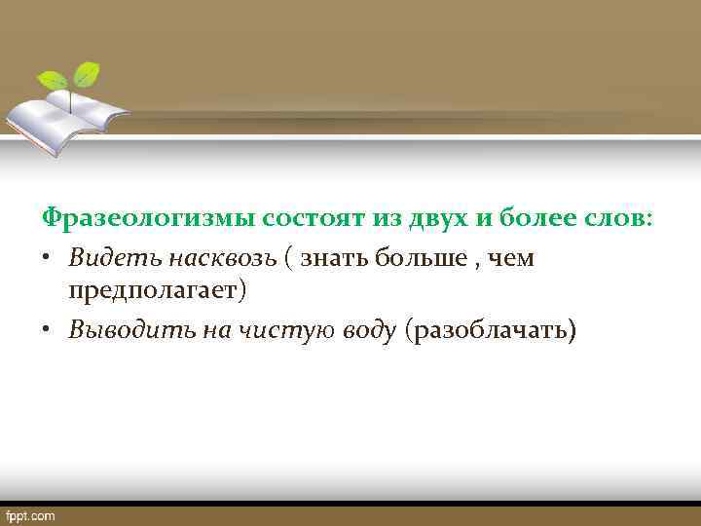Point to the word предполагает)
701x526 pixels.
pos(159,290)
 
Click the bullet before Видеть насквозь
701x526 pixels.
pos(48,259)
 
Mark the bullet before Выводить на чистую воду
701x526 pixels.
pos(48,331)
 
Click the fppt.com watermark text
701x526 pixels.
pos(30,515)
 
